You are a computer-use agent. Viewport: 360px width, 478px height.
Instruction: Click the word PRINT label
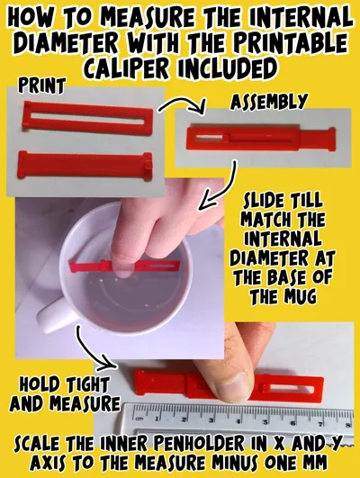[41, 85]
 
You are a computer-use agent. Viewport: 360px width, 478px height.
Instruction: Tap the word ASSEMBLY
[268, 102]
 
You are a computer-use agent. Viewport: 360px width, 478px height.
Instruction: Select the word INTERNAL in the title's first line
[301, 18]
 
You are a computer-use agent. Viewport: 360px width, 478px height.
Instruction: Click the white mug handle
[57, 315]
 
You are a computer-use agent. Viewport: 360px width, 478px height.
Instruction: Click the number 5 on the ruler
[265, 422]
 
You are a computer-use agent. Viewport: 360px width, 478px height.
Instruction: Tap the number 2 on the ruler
[184, 419]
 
